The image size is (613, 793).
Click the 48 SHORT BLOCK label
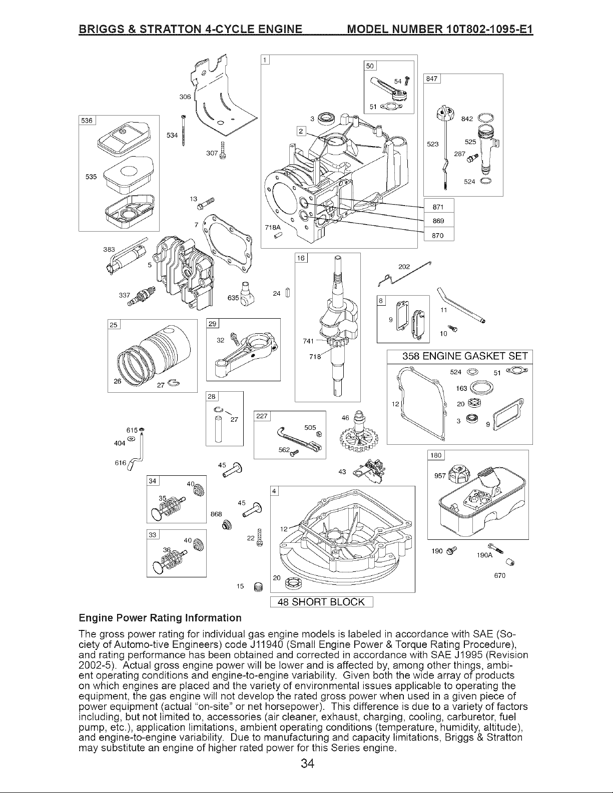tap(321, 602)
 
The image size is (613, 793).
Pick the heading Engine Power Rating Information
tap(160, 618)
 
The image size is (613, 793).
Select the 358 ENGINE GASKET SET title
tap(465, 356)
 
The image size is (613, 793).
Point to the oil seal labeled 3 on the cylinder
tap(325, 118)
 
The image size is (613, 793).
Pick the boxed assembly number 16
tap(301, 258)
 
